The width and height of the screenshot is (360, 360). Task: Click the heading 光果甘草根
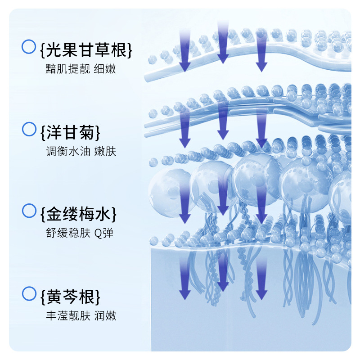(x=86, y=50)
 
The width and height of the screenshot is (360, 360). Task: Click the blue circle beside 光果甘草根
(x=29, y=46)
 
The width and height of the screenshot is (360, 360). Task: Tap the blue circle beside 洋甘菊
(x=29, y=129)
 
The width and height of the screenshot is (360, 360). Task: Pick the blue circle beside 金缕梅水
(x=29, y=210)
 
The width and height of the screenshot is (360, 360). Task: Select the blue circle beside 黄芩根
(x=29, y=294)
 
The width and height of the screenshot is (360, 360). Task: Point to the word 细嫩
(x=105, y=69)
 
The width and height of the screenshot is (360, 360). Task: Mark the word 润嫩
(x=105, y=316)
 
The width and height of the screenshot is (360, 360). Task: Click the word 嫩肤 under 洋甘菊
(x=105, y=151)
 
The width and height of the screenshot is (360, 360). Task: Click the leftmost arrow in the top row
(x=185, y=49)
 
